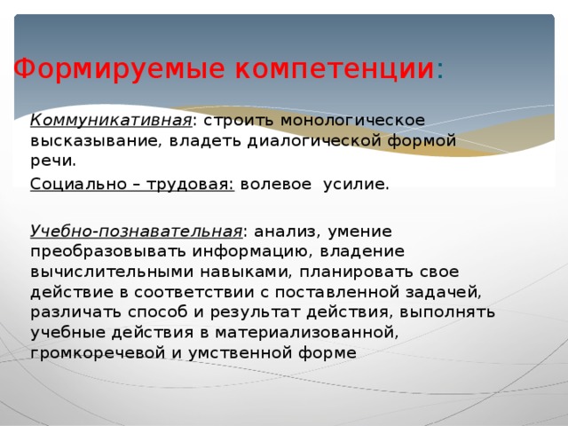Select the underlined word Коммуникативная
[111, 119]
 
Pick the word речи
[51, 162]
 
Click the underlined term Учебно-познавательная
[135, 232]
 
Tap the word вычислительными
[107, 272]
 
